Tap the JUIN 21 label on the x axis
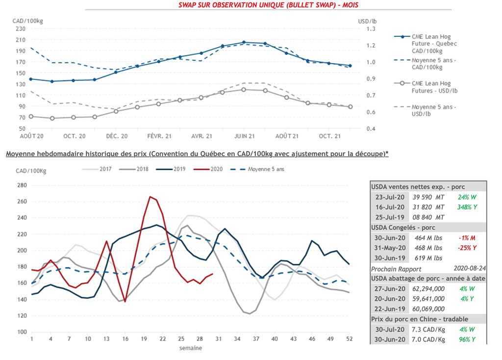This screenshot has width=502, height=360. coord(244,136)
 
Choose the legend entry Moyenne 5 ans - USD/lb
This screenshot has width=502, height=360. coord(433,110)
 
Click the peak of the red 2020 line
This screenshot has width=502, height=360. coord(150,197)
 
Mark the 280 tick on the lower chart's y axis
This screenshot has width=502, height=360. coord(21,185)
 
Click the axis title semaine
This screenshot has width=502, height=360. coord(190,348)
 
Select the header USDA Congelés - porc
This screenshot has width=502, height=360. coord(403,227)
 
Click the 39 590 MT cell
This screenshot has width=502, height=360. coord(426,197)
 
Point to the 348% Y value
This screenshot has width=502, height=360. coord(467,207)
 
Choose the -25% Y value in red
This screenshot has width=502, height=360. coord(467,248)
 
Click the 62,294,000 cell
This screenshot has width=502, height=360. coord(426,288)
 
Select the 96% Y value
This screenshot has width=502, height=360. coord(467,340)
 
